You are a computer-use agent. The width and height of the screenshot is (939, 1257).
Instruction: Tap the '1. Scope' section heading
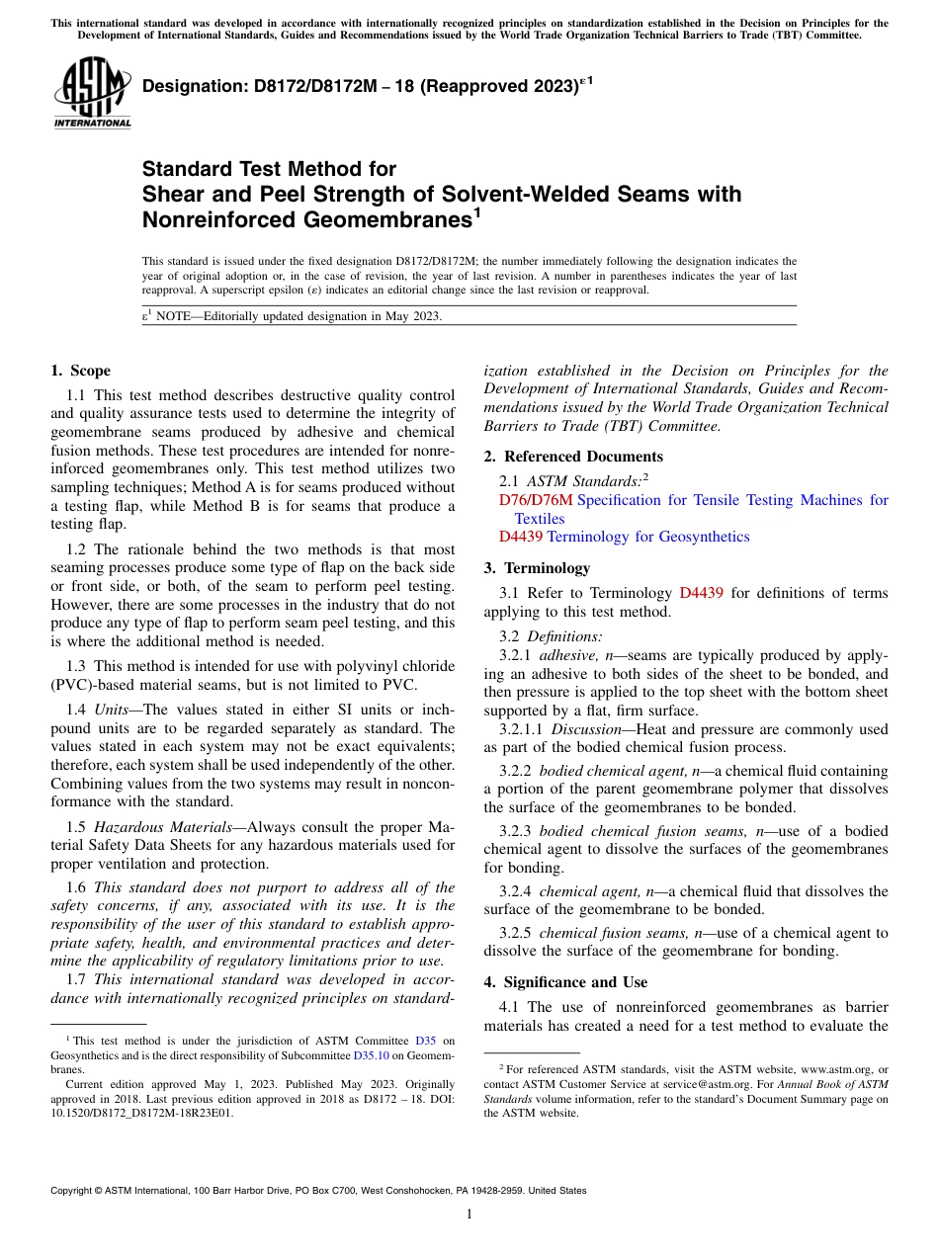(x=80, y=371)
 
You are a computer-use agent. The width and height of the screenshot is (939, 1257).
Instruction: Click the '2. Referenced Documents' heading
(x=573, y=456)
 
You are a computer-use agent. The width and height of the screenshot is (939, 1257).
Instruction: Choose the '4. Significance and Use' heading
(x=565, y=981)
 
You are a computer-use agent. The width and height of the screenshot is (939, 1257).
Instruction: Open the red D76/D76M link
(x=536, y=500)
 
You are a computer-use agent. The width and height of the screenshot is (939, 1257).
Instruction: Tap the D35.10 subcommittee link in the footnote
(x=371, y=1055)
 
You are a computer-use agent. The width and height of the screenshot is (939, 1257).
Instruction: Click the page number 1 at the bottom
(x=469, y=1214)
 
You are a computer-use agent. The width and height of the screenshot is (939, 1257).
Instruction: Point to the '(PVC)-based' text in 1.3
(x=89, y=685)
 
